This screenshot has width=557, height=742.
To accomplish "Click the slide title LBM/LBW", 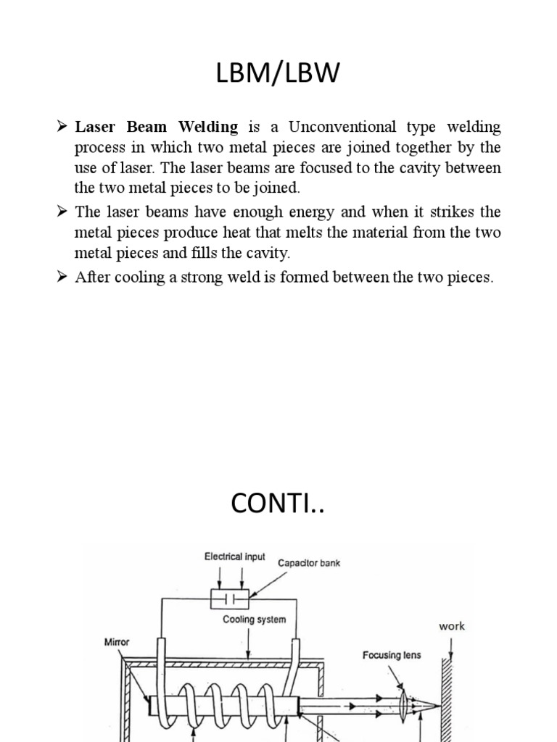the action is pyautogui.click(x=278, y=74).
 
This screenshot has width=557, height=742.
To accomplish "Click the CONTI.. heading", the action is pyautogui.click(x=278, y=504).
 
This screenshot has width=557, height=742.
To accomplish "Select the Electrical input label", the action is pyautogui.click(x=235, y=557).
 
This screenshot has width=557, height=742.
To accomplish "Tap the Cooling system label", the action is pyautogui.click(x=254, y=620).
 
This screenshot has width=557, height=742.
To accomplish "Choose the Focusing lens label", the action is pyautogui.click(x=392, y=655).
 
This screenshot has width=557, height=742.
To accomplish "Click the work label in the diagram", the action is pyautogui.click(x=451, y=626).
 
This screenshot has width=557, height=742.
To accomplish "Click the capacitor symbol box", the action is pyautogui.click(x=229, y=599).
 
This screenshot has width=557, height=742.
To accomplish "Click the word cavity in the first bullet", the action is pyautogui.click(x=416, y=169).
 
